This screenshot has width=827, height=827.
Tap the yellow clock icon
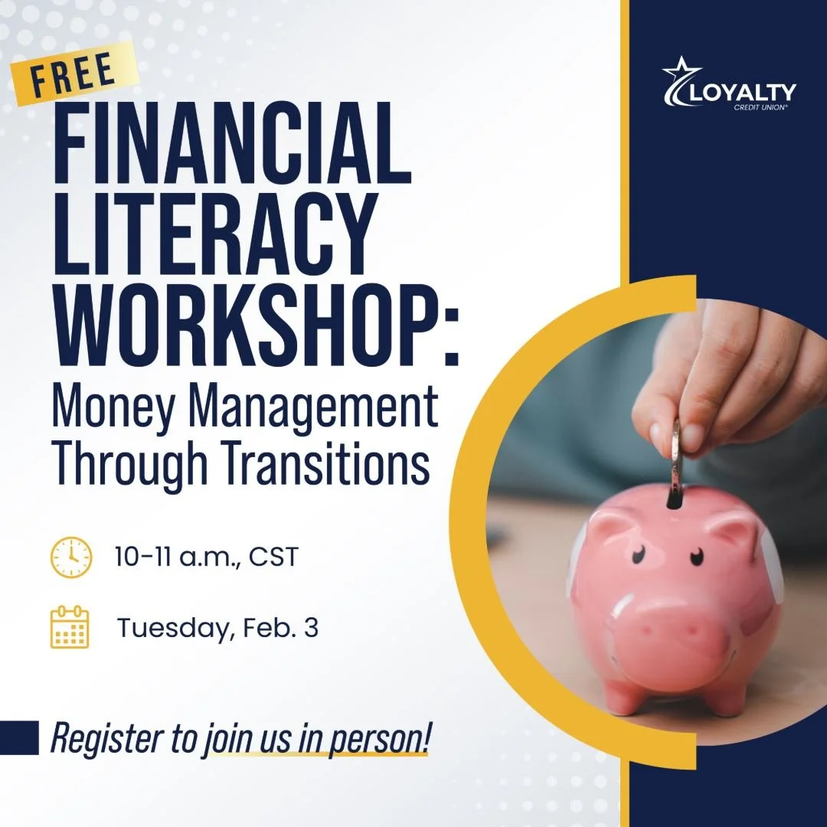coord(70,557)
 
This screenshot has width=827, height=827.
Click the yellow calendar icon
coord(70,627)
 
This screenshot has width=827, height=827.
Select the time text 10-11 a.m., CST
coord(205,557)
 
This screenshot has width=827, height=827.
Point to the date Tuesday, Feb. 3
coord(217,628)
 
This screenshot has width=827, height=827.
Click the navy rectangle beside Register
coord(19,737)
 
